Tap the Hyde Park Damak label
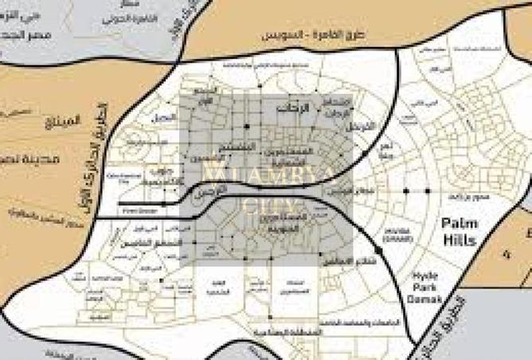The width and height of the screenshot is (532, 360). click(430, 282)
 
